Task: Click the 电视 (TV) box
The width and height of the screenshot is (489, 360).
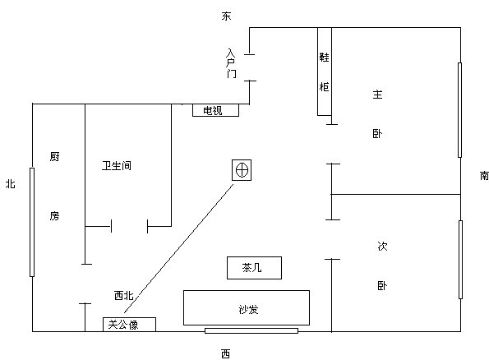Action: pos(215,110)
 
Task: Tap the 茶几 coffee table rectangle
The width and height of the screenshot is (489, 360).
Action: pos(254,268)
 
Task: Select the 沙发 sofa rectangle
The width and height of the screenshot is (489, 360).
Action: pos(247,307)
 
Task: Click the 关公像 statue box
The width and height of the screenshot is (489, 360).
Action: pos(129,325)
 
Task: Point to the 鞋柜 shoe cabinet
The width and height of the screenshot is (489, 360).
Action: pos(325,72)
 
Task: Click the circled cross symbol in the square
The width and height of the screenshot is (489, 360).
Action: pos(242,170)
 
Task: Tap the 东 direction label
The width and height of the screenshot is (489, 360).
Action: pos(226,16)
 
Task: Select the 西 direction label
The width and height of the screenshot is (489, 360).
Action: pos(226,353)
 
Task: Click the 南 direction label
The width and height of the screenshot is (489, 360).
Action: pos(484,176)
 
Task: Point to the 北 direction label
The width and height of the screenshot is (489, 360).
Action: pos(11,183)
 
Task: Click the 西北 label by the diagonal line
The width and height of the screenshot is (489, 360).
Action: pos(124,295)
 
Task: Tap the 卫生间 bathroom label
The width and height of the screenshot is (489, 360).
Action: pos(117,165)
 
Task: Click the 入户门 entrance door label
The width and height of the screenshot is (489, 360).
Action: pos(231,63)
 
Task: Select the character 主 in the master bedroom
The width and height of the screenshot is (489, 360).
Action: pos(377,95)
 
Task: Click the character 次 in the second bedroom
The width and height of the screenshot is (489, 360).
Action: pos(382,246)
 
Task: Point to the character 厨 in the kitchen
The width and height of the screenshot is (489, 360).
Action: pos(54,156)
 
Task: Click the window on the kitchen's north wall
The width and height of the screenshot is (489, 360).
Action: pos(32,222)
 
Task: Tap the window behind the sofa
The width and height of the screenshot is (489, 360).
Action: pos(251,330)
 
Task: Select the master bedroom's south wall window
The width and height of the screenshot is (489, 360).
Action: pos(459,110)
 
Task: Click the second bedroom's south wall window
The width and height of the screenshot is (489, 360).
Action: pos(460,260)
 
